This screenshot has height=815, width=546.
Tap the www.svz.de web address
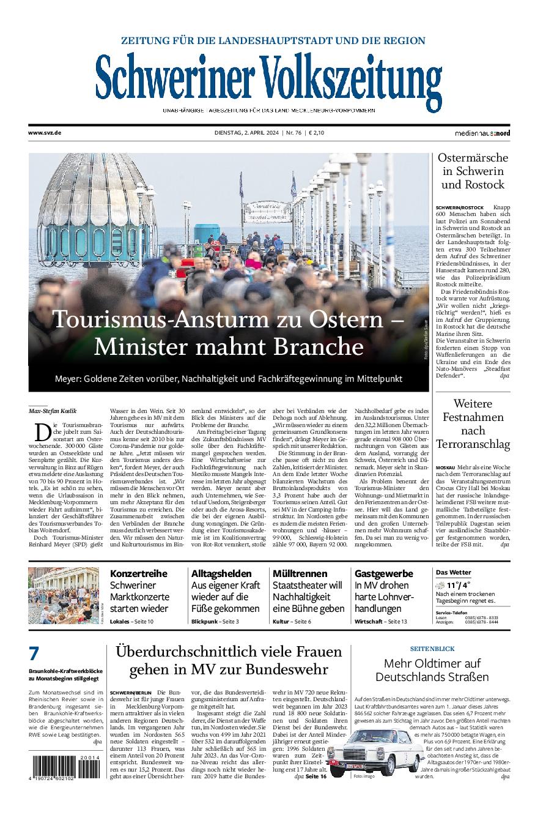coord(45,133)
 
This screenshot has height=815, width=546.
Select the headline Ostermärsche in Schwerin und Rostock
coord(473,171)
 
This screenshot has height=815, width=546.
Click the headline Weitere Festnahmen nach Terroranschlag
coord(473,423)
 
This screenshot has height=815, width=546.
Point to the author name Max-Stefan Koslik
coord(53,410)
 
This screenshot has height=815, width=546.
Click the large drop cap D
coord(42,432)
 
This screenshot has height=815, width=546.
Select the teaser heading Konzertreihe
coord(138,573)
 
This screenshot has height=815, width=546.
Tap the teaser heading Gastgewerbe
coord(384,573)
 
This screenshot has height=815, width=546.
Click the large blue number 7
coord(34,653)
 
